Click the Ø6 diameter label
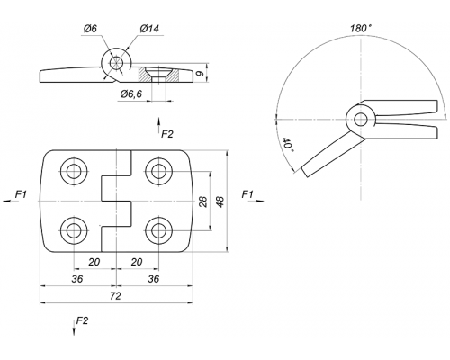[90, 29]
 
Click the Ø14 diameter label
[149, 29]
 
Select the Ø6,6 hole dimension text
[131, 94]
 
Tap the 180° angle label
[361, 28]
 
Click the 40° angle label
[287, 145]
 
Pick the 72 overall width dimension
[115, 296]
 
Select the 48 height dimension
[220, 202]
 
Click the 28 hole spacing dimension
[203, 202]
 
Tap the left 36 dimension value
[76, 279]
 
